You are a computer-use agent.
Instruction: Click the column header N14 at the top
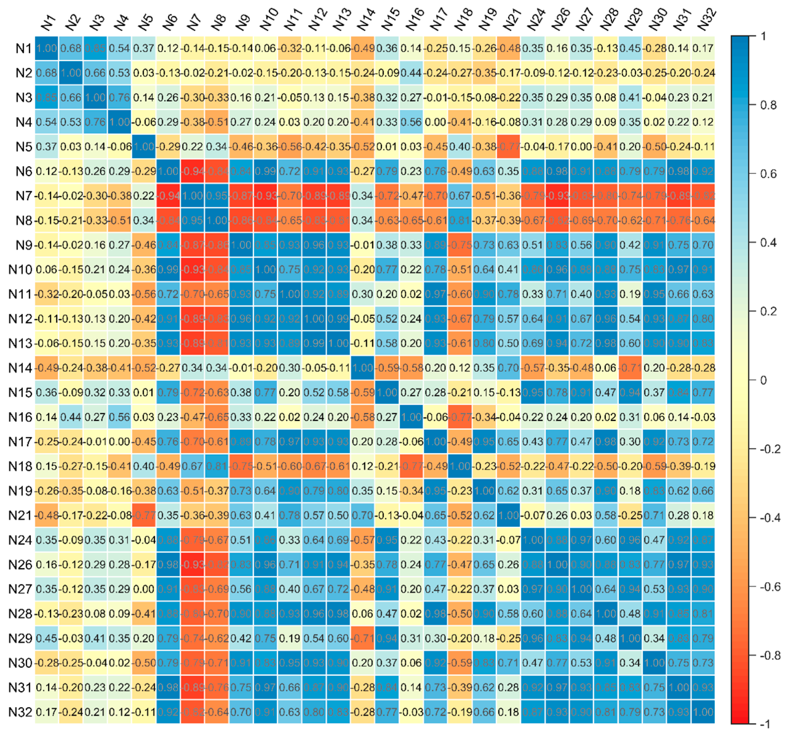[365, 20]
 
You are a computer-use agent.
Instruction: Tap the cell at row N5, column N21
[509, 147]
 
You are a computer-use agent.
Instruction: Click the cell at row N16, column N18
[460, 417]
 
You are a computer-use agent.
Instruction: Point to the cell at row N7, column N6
[168, 196]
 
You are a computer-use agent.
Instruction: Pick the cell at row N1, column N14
[363, 48]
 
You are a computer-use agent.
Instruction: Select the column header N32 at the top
[706, 20]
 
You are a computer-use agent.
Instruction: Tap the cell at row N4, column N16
[411, 122]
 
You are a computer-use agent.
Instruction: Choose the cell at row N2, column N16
[411, 73]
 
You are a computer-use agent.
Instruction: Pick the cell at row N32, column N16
[411, 712]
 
